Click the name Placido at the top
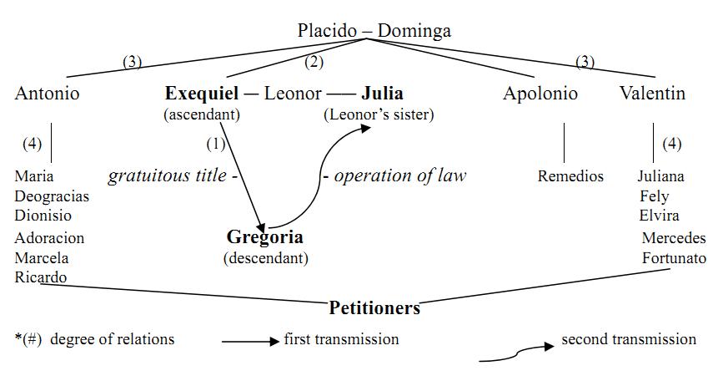[328, 31]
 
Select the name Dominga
[414, 31]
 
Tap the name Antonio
[47, 94]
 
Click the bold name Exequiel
[202, 94]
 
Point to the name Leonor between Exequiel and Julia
[293, 94]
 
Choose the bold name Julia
[382, 94]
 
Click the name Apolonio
[540, 94]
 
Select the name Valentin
[652, 94]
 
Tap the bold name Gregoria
[265, 237]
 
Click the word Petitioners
[374, 308]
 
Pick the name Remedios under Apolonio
[570, 176]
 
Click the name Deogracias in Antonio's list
[52, 196]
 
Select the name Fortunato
[674, 258]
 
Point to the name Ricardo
[40, 277]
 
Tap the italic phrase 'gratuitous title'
[167, 175]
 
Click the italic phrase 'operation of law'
[399, 175]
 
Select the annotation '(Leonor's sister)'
[379, 114]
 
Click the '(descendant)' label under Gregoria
[265, 258]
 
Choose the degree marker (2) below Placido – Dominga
[314, 61]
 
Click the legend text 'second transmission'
[628, 339]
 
